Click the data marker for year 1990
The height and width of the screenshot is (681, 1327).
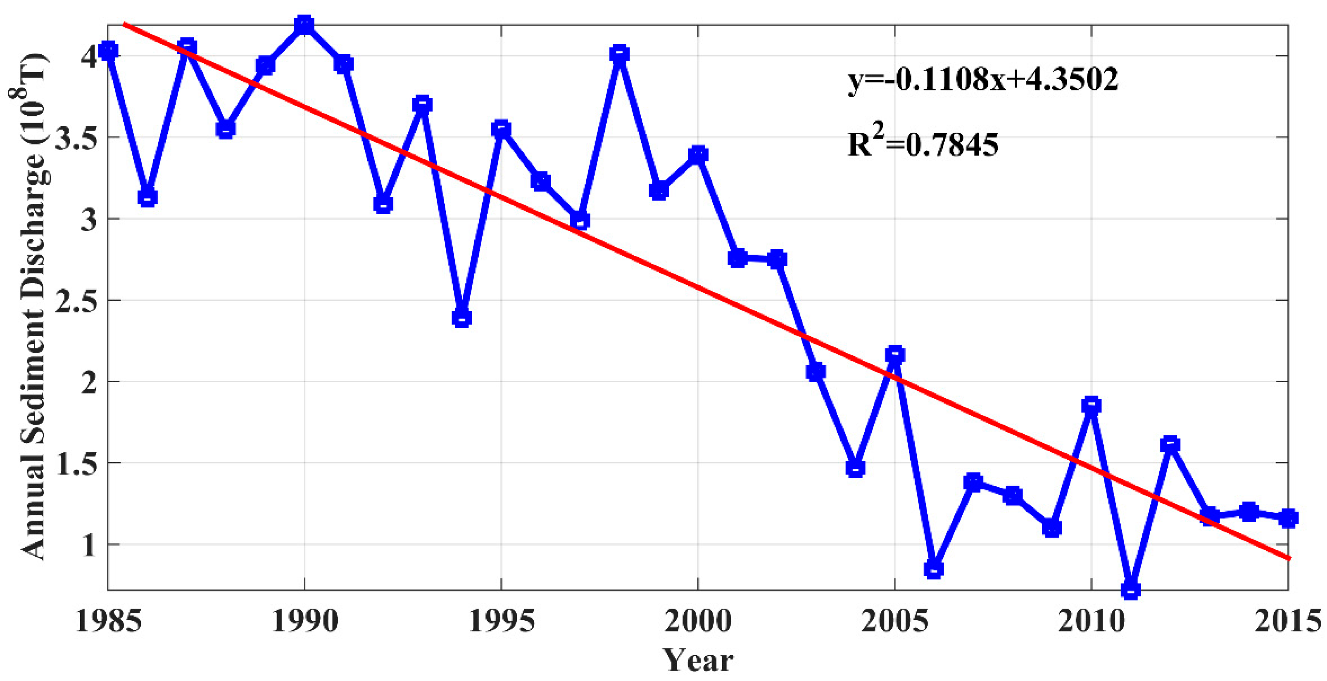coord(304,25)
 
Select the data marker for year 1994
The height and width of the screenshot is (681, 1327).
coord(461,318)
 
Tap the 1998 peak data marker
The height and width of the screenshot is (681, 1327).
coord(619,54)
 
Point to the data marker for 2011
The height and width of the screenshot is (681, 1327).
coord(1130,589)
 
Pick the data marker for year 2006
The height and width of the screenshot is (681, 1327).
coord(933,569)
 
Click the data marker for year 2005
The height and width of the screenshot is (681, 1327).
coord(895,355)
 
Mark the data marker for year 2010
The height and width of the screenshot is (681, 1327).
coord(1091,406)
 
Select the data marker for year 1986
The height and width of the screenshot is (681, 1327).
coord(147,198)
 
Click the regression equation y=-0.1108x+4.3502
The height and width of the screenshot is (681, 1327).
coord(983,80)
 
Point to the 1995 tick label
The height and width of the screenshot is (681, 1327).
coord(501,621)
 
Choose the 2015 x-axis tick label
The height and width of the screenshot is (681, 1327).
coord(1287,621)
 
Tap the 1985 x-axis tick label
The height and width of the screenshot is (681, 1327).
coord(108,621)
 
